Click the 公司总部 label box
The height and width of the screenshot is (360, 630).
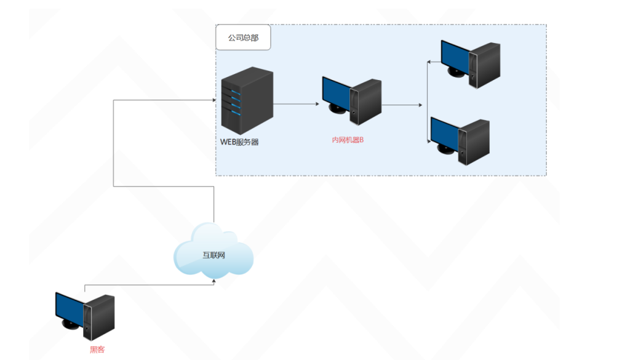pos(243,38)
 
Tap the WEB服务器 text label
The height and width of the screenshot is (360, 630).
pos(240,142)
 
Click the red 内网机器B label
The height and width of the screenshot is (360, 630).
pos(348,140)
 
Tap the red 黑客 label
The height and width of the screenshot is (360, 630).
pos(97,350)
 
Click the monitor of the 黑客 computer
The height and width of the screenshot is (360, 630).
pos(69,310)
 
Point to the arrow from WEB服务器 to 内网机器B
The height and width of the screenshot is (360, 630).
pos(296,105)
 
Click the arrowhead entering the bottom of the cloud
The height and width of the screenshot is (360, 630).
pos(213,281)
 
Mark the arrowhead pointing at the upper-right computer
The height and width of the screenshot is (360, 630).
pos(430,62)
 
